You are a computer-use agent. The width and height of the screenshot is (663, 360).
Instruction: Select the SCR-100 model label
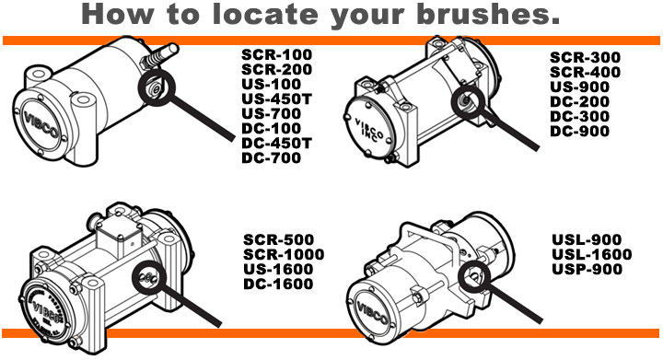point(276,53)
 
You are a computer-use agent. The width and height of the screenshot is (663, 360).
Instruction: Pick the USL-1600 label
point(592,255)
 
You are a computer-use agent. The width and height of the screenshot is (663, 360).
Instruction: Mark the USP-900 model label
point(588,270)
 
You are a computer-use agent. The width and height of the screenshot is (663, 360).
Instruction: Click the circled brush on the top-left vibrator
point(154,88)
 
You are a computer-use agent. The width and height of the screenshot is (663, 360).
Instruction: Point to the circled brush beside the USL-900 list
point(478,273)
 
